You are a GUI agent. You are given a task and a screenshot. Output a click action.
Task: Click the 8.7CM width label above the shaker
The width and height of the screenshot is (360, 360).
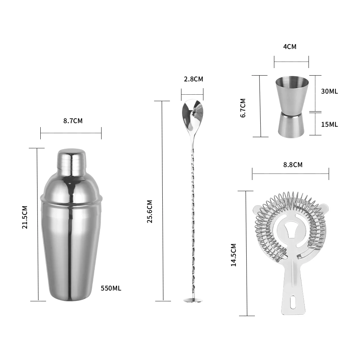point(73,121)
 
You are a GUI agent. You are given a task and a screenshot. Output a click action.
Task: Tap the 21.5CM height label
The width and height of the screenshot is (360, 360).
point(25,217)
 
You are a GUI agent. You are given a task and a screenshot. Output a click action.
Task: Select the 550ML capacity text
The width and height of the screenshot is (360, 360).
point(111,288)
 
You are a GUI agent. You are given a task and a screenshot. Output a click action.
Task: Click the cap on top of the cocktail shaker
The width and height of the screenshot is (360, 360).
point(71,160)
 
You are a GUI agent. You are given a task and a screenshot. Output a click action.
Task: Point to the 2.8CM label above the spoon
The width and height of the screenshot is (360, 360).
point(194,79)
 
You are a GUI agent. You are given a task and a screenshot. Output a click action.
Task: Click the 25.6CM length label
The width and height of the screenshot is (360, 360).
point(150,211)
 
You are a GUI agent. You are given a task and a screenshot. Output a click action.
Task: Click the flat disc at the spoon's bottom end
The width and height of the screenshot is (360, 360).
point(193,300)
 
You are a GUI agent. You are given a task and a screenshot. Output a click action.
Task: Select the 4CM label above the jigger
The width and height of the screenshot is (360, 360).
point(290,47)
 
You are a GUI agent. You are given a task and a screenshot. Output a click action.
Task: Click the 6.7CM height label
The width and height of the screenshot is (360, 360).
point(243,108)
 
